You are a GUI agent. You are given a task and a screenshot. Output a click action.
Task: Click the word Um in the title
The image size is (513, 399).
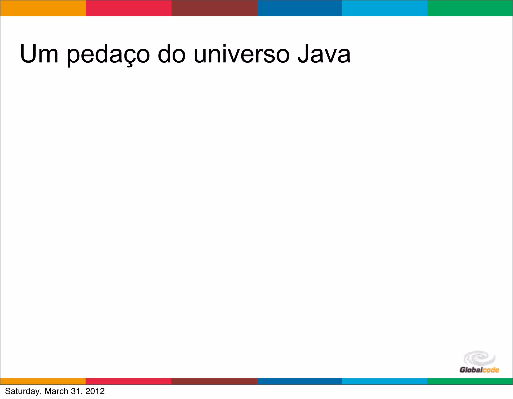tap(39, 54)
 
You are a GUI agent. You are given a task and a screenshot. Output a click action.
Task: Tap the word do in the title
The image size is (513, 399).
tap(172, 54)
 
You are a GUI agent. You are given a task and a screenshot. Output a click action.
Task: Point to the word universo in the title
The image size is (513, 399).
tap(241, 54)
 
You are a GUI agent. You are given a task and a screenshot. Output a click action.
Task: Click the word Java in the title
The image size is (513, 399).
tap(324, 54)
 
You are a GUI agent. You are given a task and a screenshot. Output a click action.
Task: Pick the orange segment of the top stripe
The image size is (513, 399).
tap(43, 8)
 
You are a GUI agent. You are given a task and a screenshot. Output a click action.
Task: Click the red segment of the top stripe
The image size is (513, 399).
tap(129, 8)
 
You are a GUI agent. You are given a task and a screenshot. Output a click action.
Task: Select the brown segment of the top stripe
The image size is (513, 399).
tap(214, 8)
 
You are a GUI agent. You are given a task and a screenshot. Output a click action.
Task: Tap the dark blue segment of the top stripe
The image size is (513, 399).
tap(300, 8)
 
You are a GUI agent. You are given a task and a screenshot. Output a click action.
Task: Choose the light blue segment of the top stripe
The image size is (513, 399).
tap(385, 8)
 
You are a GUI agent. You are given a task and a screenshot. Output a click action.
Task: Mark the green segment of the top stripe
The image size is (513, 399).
tap(470, 8)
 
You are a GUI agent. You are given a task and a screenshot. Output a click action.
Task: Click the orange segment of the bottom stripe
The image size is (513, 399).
tap(43, 381)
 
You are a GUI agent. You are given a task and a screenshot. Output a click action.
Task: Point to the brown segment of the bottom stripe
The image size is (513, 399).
tap(214, 381)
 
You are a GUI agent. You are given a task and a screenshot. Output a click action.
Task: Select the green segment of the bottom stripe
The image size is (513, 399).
tap(470, 381)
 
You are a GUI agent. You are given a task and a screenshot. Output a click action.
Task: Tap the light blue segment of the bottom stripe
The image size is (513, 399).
tap(384, 381)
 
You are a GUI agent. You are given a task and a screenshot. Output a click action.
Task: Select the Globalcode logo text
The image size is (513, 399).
tap(479, 370)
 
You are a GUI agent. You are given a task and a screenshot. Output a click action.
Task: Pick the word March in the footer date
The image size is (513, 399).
tap(56, 391)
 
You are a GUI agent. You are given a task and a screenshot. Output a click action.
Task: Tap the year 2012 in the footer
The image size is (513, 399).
tap(95, 391)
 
